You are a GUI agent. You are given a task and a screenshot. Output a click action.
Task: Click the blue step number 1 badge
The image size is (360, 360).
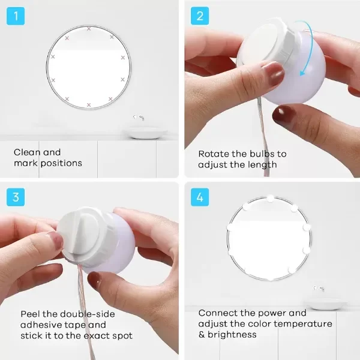(16, 16)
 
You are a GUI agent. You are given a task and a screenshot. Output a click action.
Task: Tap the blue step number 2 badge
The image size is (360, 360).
(200, 16)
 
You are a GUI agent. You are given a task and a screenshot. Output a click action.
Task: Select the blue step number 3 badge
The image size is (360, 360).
(16, 197)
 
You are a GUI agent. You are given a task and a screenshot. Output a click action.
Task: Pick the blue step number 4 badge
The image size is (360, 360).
(200, 197)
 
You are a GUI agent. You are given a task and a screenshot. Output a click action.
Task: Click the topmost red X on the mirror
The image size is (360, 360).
(89, 29)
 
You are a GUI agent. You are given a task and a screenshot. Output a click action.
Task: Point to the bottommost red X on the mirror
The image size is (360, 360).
(89, 105)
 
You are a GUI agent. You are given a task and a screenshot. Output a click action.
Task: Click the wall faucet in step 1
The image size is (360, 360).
(139, 118)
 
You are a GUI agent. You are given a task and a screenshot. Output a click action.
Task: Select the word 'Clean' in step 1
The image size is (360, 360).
(28, 152)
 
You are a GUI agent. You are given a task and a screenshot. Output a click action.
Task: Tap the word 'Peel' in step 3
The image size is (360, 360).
(30, 314)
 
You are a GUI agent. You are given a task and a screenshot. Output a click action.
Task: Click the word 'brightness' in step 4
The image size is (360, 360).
(232, 335)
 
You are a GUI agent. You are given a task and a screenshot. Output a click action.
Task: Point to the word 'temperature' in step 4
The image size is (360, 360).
(303, 324)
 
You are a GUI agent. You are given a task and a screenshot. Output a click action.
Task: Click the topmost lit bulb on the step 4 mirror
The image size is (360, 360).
(270, 198)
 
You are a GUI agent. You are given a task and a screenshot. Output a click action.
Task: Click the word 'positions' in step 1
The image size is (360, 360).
(61, 163)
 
